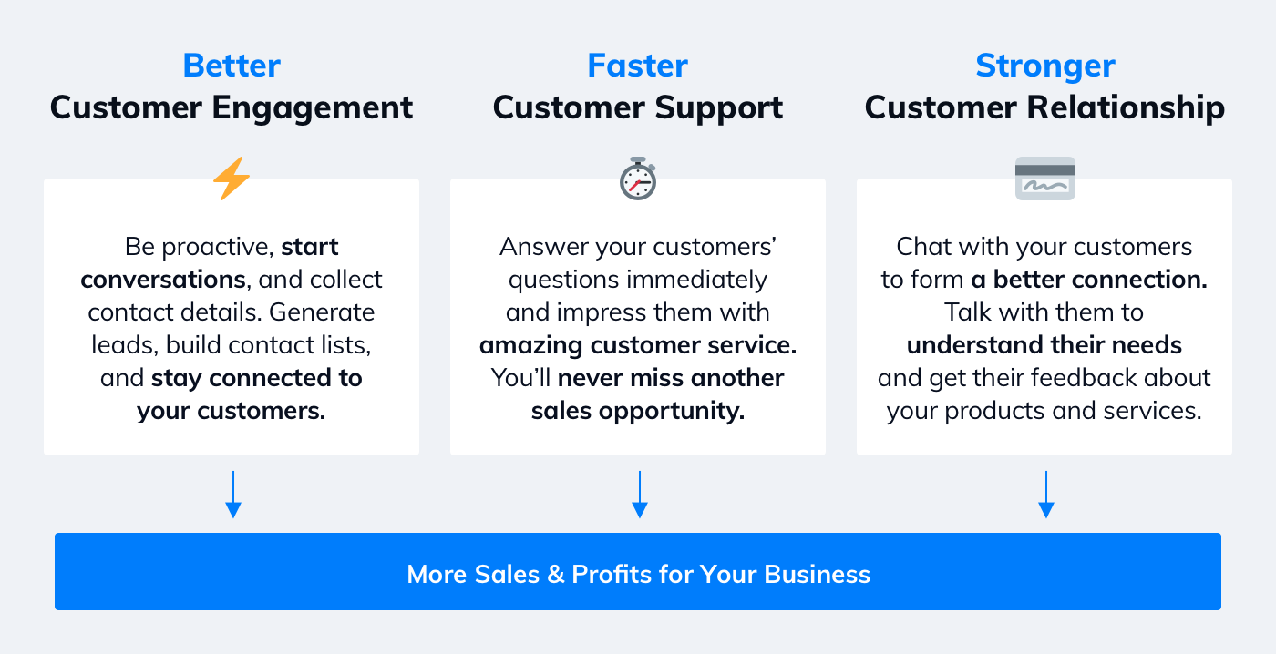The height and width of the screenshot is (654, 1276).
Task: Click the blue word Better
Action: [x=232, y=66]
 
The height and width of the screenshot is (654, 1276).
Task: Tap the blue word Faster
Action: [x=637, y=66]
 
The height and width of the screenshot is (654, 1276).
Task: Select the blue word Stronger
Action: [x=1045, y=66]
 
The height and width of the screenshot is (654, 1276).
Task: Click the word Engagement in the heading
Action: [x=312, y=108]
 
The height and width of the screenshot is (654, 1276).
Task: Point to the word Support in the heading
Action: [x=719, y=108]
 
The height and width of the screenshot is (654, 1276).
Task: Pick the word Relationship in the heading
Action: [x=1126, y=107]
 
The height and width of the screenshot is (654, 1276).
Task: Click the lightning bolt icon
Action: [x=232, y=179]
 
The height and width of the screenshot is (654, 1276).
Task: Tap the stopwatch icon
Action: [x=638, y=179]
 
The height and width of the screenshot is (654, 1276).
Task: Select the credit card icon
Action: [x=1045, y=179]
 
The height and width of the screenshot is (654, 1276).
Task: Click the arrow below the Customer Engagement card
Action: [x=233, y=494]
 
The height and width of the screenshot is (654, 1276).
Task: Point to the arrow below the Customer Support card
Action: [x=640, y=494]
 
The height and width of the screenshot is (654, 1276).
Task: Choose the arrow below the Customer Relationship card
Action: [x=1046, y=494]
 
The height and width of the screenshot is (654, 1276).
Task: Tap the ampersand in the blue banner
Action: [x=555, y=575]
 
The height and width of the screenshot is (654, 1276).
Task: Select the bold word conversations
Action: [x=163, y=280]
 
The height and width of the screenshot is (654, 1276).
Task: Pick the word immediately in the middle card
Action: [x=696, y=281]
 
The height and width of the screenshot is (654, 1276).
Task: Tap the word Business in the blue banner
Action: [x=817, y=575]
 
